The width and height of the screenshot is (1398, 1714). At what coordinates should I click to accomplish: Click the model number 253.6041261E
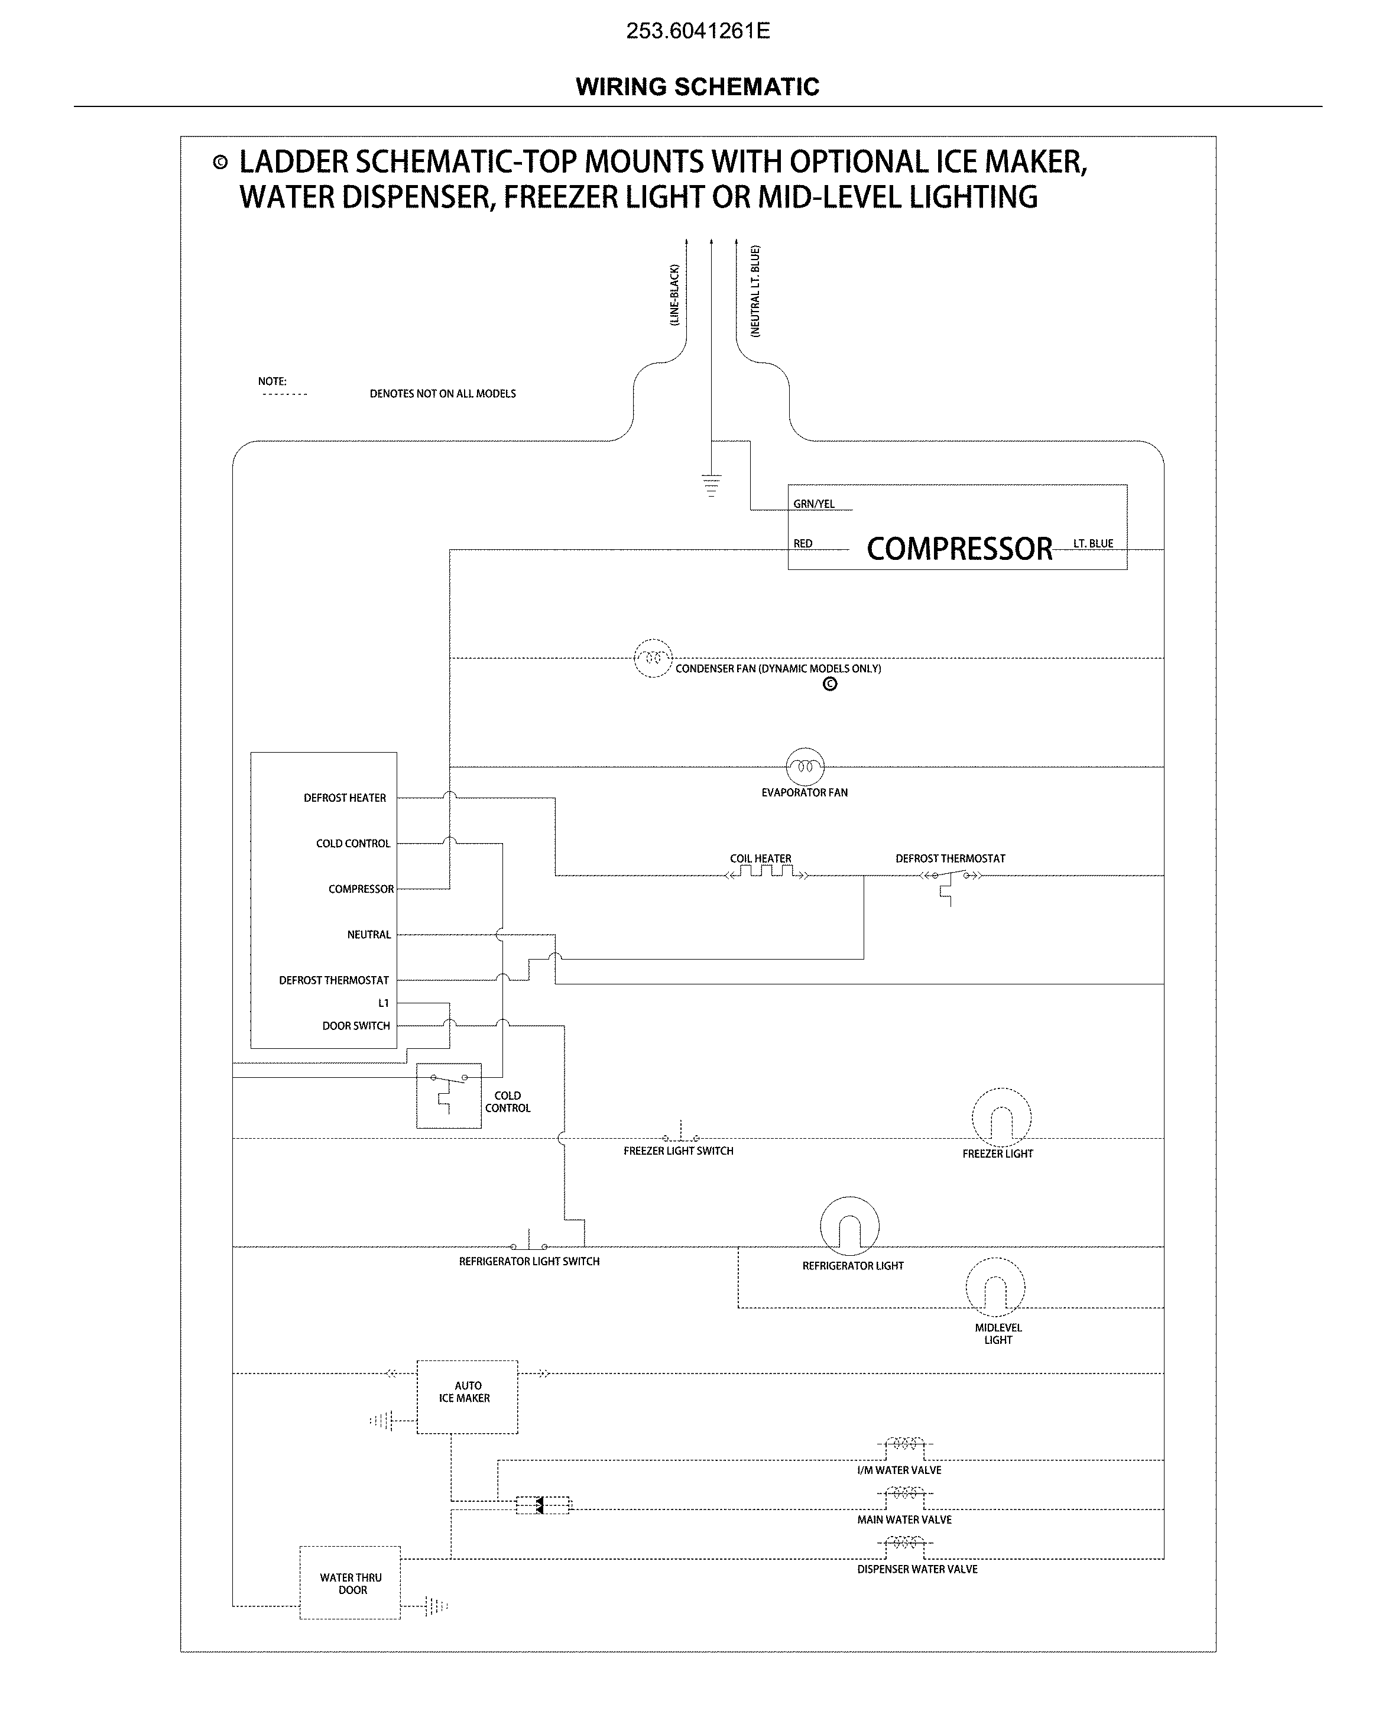point(698,31)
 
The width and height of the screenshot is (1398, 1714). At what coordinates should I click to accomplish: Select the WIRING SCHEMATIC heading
point(698,87)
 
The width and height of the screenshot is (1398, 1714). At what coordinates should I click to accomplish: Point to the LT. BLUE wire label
point(1093,544)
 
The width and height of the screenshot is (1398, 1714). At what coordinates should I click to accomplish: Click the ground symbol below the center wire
point(711,485)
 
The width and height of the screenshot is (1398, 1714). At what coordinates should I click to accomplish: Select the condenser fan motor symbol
point(653,658)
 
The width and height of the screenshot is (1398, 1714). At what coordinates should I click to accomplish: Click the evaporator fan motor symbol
point(805,767)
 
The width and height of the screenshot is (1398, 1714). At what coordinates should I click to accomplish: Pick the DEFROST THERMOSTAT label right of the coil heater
point(951,858)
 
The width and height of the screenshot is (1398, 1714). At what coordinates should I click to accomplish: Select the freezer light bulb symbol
point(1001,1118)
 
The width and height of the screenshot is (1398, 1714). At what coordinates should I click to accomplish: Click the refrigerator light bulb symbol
point(849,1226)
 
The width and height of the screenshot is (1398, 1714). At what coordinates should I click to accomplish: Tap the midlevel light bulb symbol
point(995,1287)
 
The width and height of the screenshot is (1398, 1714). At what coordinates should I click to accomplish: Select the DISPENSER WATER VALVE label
point(917,1569)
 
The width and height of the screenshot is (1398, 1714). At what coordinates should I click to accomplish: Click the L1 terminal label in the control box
point(383,1003)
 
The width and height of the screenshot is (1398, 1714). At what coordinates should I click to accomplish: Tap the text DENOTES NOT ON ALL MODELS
point(442,394)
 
